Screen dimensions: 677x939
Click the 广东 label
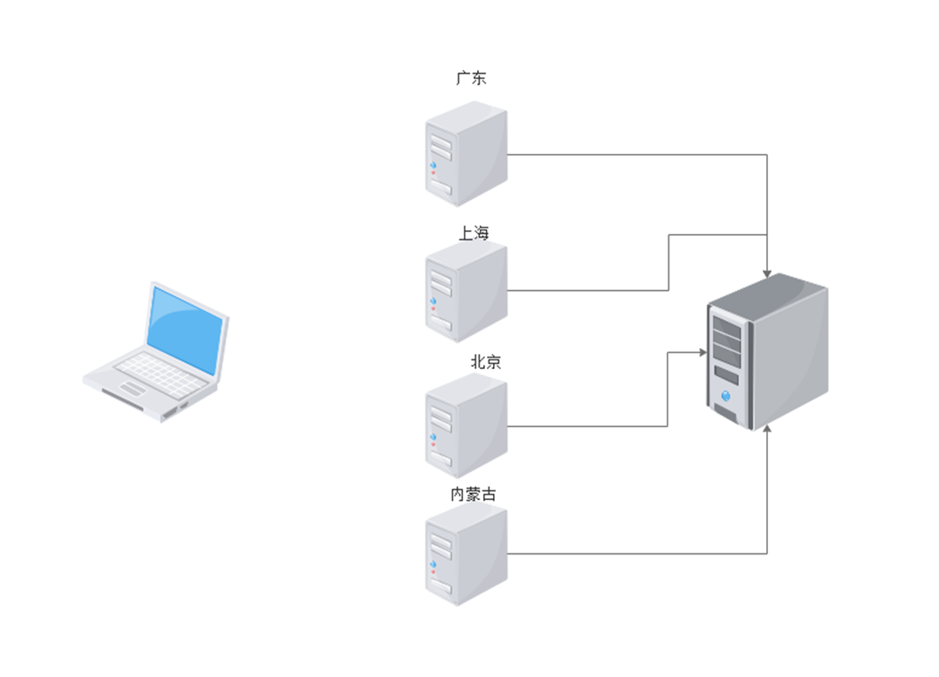point(471,78)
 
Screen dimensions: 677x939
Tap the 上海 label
point(474,233)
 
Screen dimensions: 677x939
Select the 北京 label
point(485,362)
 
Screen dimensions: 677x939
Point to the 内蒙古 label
point(474,495)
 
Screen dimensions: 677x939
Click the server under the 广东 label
point(465,153)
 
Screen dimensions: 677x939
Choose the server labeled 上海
point(465,292)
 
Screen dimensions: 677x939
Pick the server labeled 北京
point(465,425)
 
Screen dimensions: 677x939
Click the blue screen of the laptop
point(183,330)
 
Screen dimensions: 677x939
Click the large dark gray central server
point(767,351)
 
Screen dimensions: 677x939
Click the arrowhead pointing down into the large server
point(767,273)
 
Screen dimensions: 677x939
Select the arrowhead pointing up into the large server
point(767,430)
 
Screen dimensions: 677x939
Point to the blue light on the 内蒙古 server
point(433,566)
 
